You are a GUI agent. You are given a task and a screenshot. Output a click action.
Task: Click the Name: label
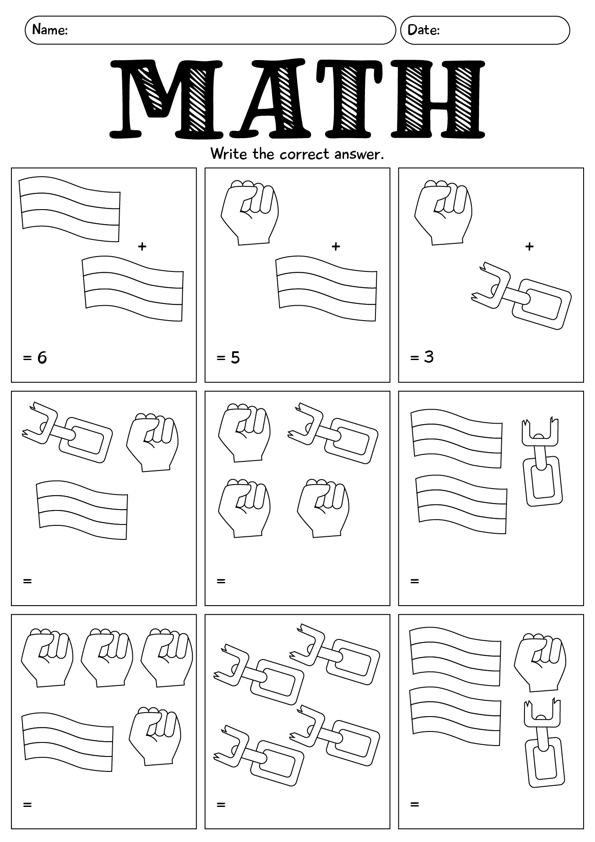(x=50, y=30)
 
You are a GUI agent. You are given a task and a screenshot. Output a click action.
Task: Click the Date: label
(x=423, y=30)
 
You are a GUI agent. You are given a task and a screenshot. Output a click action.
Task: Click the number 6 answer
(x=42, y=358)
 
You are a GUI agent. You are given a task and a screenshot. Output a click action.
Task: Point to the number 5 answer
(x=235, y=358)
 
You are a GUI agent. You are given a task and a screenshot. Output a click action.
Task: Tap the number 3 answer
(x=429, y=357)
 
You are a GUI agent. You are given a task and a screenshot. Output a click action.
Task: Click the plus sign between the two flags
(x=142, y=246)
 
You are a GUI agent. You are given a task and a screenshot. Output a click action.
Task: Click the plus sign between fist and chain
(x=529, y=246)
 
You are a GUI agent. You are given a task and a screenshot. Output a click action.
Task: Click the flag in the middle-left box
(x=82, y=510)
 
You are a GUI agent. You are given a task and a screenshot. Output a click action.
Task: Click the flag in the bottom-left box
(x=67, y=742)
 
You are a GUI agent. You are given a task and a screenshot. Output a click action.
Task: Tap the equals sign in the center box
(x=221, y=581)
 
